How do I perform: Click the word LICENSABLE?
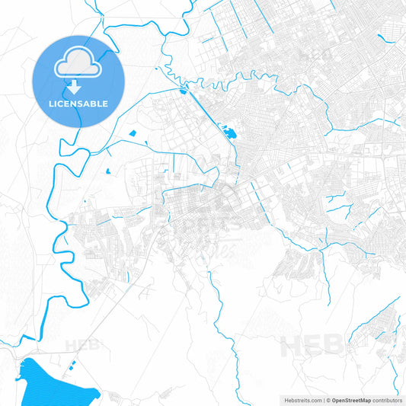[78, 103]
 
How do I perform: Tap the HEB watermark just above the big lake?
[82, 345]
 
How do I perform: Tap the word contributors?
[387, 399]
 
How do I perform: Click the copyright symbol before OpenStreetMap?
[326, 399]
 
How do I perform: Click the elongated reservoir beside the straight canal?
[228, 138]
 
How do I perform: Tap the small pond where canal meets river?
[184, 92]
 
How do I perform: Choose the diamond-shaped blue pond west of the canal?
[133, 134]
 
